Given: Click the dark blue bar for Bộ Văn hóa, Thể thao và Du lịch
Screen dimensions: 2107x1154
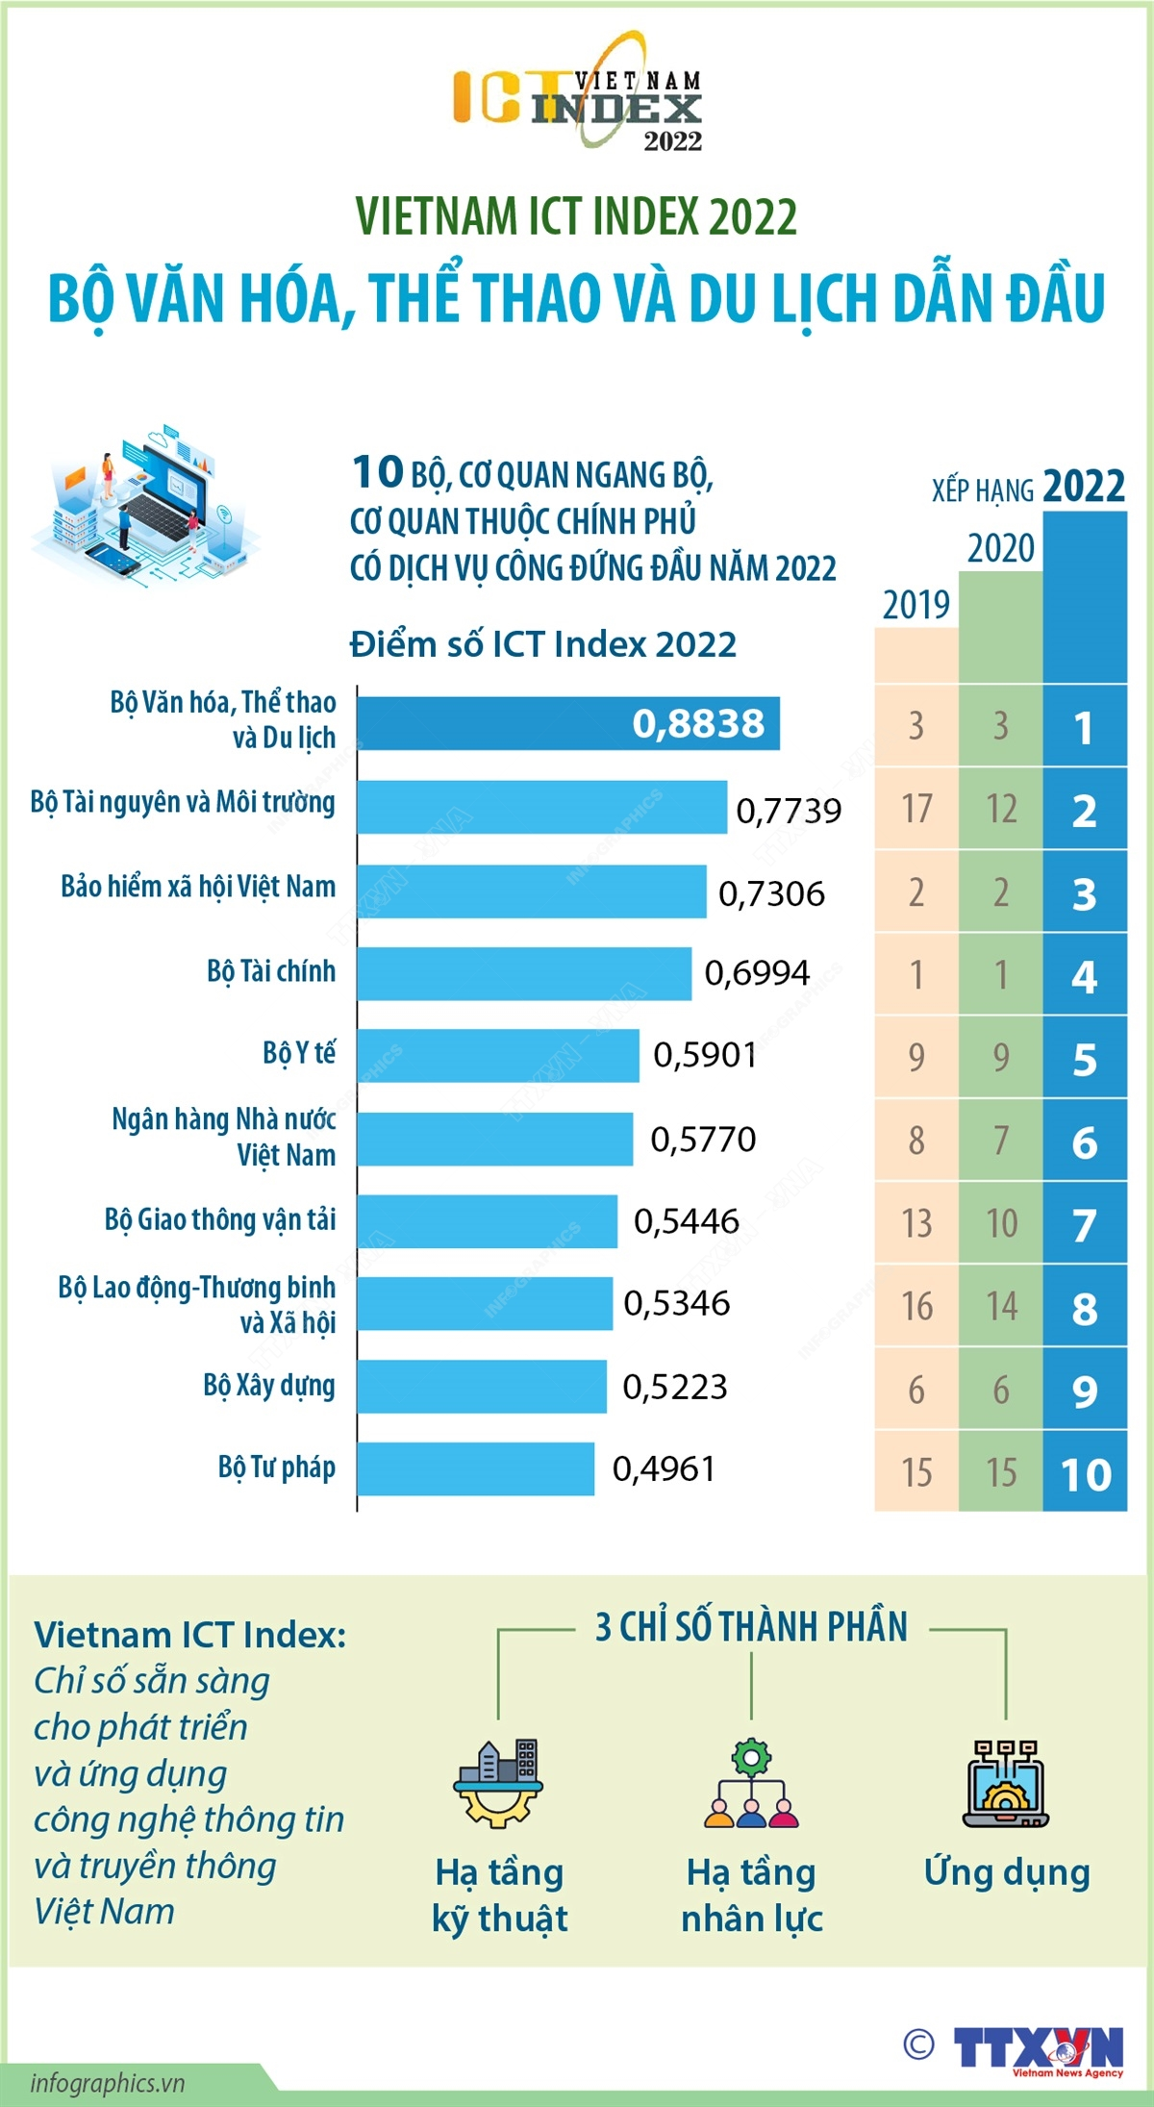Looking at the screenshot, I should point(567,723).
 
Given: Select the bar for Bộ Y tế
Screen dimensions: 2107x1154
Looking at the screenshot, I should point(497,1055).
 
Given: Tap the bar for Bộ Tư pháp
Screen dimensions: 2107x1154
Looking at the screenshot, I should point(475,1468).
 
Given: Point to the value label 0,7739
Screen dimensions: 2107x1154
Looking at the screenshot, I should point(789,811).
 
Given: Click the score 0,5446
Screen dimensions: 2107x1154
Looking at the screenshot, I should point(687,1221).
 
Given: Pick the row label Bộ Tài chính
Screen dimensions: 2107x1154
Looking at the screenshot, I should point(271,971).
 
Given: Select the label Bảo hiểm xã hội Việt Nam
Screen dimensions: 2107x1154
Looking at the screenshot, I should point(198,887).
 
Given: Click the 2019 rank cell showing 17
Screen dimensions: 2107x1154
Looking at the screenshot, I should point(916,809).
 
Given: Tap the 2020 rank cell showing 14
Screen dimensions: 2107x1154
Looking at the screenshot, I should point(1001,1306).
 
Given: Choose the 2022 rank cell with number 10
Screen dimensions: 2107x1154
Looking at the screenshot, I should point(1085,1472).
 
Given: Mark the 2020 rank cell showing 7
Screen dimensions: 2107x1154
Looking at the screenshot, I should point(1001,1141).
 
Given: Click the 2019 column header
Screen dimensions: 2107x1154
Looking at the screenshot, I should point(916,605).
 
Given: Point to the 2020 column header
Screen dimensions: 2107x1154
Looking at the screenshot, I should point(1000,548).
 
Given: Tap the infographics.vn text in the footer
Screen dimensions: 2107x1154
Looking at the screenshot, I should point(107,2083).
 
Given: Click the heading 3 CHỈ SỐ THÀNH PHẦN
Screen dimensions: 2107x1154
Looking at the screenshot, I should point(751,1627).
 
